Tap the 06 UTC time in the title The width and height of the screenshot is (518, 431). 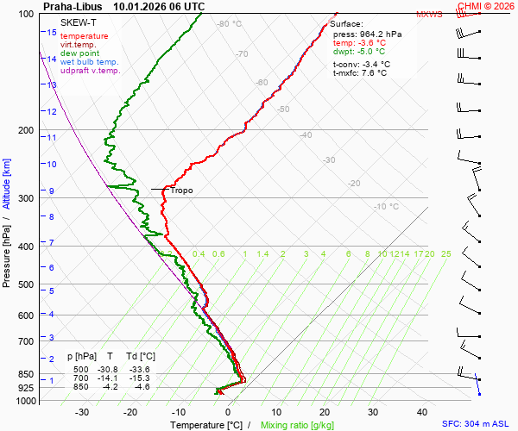coord(185,6)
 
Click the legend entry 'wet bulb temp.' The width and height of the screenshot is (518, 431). coord(90,62)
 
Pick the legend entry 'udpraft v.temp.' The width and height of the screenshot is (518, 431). coord(91,71)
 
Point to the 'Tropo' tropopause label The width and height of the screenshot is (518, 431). coord(181,191)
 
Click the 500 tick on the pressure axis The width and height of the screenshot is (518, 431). coord(26,284)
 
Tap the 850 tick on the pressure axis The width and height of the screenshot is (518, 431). coord(26,374)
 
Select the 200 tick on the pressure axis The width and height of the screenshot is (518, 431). coord(26,130)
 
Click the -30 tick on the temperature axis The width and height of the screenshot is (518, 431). coord(82,412)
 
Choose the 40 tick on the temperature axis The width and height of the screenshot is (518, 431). coord(422,412)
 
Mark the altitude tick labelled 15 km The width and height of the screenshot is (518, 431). coord(51,33)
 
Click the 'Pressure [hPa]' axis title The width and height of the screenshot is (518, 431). coord(7,251)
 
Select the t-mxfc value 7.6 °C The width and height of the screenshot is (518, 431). coord(374,73)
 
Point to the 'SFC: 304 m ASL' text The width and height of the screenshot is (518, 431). coord(478,425)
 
